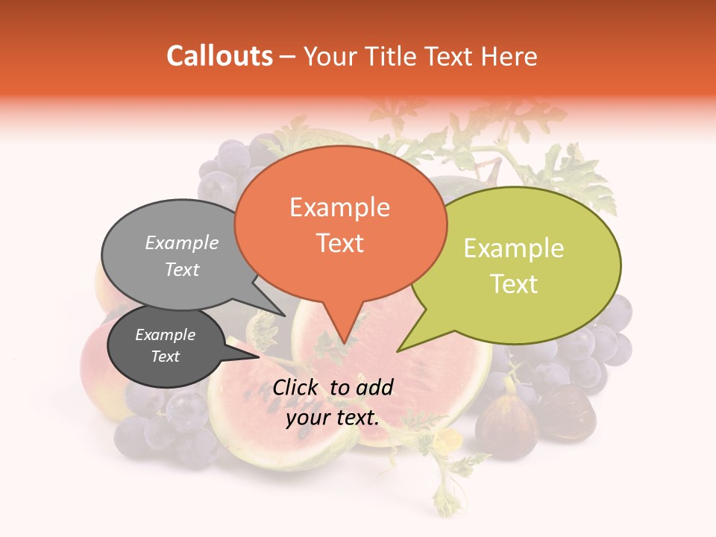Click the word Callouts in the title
point(219,56)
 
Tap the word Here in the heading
point(509,56)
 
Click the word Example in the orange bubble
point(340,207)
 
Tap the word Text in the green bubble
point(514,284)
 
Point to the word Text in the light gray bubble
point(182,269)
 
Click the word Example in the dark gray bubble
point(165,335)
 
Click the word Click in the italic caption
point(298,387)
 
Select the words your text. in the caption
point(333,418)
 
